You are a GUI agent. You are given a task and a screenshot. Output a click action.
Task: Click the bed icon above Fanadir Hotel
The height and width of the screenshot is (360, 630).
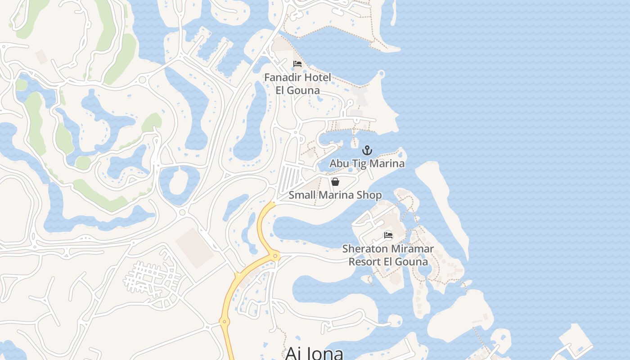(297, 64)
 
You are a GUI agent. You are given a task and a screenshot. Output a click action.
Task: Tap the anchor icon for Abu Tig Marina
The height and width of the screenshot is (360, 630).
(367, 150)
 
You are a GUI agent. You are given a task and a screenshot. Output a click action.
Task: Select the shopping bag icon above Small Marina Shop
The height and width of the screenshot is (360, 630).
(335, 181)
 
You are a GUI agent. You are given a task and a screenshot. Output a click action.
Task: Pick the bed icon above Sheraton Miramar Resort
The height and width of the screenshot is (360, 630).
(388, 235)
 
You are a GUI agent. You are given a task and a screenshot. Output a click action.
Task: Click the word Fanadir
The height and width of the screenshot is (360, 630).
(281, 77)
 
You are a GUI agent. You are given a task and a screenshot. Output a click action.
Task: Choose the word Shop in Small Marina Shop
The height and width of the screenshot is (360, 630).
(369, 195)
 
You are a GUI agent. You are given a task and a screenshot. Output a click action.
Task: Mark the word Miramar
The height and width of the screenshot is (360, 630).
(412, 248)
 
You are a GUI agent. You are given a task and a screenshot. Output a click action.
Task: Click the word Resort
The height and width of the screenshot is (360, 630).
(365, 261)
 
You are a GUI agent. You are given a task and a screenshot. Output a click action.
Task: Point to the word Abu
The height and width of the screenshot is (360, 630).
(339, 163)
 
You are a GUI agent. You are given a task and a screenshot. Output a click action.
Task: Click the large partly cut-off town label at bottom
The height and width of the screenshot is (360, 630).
(314, 352)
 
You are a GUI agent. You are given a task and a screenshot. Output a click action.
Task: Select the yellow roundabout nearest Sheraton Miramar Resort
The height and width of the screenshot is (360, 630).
(275, 256)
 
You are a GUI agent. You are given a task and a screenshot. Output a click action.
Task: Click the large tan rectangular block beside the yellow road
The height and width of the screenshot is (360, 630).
(194, 248)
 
